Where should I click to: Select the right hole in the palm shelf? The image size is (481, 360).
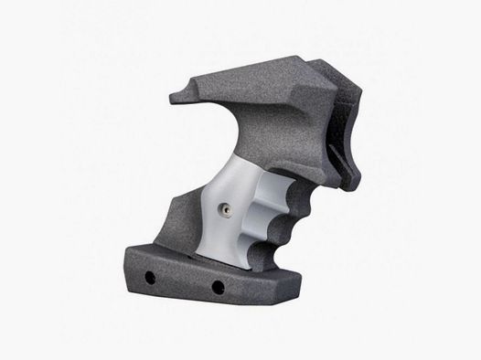(x=219, y=288)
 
